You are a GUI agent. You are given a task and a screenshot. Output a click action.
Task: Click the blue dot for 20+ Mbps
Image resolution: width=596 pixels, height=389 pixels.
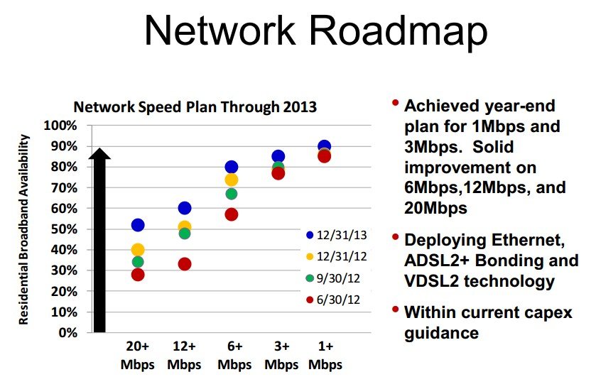pyautogui.click(x=138, y=225)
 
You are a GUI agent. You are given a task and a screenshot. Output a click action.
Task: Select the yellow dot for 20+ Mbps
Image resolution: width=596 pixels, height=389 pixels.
pyautogui.click(x=138, y=250)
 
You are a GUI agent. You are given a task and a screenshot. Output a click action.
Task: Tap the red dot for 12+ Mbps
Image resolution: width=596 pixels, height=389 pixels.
pyautogui.click(x=185, y=264)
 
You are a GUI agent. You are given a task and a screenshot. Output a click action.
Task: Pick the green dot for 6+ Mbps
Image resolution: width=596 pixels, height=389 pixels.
pyautogui.click(x=231, y=194)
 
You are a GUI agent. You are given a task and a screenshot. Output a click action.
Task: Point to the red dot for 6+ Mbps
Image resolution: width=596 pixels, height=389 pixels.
pyautogui.click(x=231, y=214)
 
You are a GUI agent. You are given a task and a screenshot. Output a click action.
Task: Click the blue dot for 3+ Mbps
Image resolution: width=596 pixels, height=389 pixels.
pyautogui.click(x=278, y=156)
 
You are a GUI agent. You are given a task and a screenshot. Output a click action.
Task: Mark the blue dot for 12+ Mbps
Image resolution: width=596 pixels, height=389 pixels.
pyautogui.click(x=185, y=208)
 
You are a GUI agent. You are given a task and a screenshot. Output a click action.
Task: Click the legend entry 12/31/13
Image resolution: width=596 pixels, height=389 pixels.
pyautogui.click(x=338, y=235)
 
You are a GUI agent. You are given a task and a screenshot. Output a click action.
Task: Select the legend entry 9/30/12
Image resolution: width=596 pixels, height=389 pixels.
pyautogui.click(x=338, y=278)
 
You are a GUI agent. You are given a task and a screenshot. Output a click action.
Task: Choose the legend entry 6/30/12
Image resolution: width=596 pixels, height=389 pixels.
pyautogui.click(x=338, y=299)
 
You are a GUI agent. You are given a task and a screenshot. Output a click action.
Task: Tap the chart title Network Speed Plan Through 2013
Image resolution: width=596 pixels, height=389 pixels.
pyautogui.click(x=195, y=108)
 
